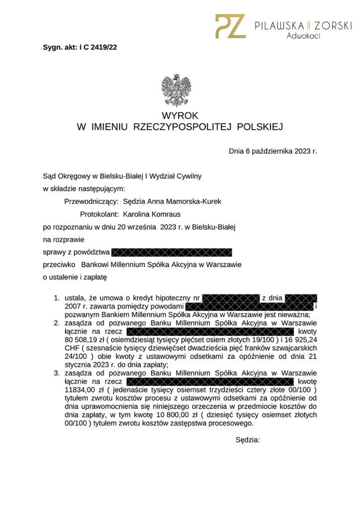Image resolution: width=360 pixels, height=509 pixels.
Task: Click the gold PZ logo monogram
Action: (230, 26)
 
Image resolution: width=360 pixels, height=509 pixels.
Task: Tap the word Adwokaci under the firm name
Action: (303, 36)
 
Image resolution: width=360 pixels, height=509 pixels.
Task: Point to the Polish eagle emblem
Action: (177, 90)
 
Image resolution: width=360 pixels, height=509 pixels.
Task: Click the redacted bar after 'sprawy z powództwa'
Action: (172, 252)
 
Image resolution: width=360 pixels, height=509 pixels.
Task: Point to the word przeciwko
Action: (59, 264)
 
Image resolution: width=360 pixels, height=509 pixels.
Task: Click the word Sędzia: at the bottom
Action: (247, 439)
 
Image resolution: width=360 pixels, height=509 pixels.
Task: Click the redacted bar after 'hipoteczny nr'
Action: (231, 298)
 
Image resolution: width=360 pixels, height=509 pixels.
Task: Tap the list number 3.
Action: (56, 372)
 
